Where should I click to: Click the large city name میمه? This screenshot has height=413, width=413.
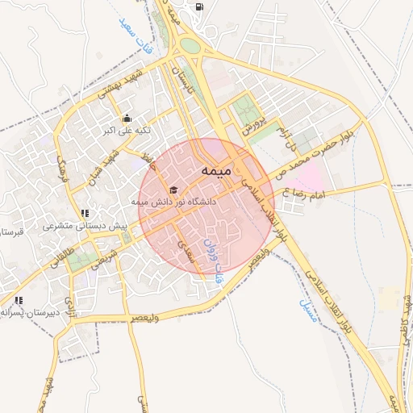pyautogui.click(x=218, y=171)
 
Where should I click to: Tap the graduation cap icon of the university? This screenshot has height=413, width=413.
pyautogui.click(x=173, y=189)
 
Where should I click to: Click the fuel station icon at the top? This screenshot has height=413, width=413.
pyautogui.click(x=199, y=7)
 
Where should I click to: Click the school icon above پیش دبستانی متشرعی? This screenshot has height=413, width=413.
pyautogui.click(x=86, y=213)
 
